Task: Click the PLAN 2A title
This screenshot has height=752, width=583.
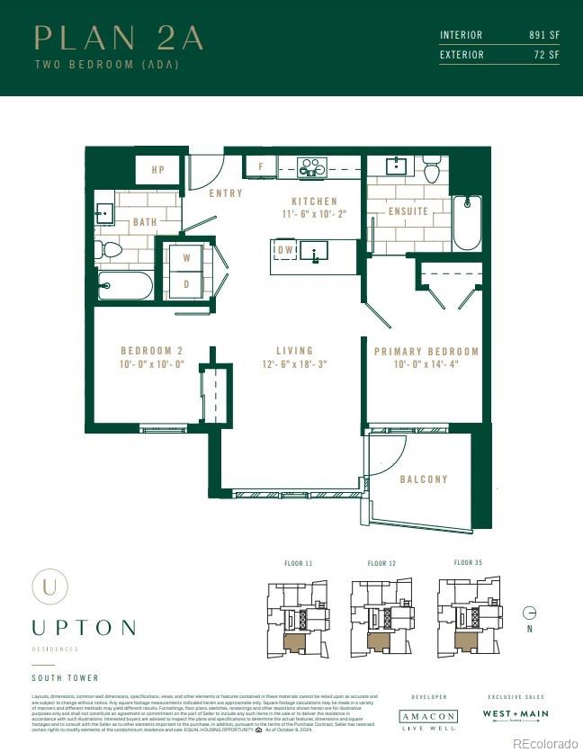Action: (118, 38)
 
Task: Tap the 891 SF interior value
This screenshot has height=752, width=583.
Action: (543, 35)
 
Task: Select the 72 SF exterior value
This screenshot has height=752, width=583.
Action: (546, 55)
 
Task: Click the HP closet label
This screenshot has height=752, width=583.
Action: (158, 169)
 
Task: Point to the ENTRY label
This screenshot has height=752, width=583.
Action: (225, 193)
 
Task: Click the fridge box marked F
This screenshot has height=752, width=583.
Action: (261, 167)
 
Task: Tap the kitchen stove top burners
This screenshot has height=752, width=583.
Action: (312, 167)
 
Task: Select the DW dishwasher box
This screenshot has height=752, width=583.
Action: (284, 249)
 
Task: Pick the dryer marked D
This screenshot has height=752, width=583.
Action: (187, 284)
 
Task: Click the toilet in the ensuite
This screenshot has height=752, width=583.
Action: (431, 170)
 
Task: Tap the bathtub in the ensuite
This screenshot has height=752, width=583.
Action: (467, 222)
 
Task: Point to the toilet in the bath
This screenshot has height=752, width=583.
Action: (111, 249)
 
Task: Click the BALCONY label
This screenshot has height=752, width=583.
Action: (424, 479)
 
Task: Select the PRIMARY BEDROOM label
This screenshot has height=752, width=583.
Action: (426, 352)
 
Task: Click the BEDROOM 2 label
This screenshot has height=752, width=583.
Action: (152, 351)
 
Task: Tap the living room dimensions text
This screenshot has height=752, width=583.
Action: (294, 364)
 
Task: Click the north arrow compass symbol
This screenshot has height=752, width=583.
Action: (530, 613)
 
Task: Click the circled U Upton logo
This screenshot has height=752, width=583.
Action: (49, 586)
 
